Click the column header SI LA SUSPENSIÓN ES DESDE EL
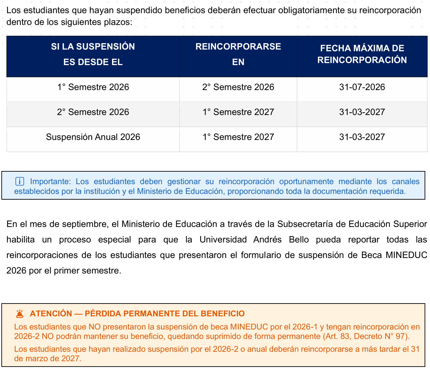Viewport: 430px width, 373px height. tap(93, 54)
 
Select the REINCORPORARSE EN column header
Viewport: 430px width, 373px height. tap(238, 54)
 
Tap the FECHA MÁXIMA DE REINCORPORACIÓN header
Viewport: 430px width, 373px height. tap(362, 54)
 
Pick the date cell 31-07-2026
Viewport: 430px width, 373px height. tap(362, 87)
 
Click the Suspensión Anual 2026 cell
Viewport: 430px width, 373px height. tap(93, 137)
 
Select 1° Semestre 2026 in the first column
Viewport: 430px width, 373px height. tap(93, 87)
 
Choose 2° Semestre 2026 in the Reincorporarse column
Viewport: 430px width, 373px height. tap(238, 87)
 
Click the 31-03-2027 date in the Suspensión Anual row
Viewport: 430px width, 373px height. tap(362, 137)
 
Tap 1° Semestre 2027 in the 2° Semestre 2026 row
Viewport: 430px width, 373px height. tap(238, 112)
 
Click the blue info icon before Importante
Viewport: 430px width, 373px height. tap(20, 181)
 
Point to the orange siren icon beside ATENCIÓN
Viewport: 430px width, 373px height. tap(20, 314)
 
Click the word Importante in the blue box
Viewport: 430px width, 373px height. tap(50, 181)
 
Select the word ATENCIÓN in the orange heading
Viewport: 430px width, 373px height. tap(51, 314)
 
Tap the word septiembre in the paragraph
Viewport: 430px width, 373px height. tap(85, 224)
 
